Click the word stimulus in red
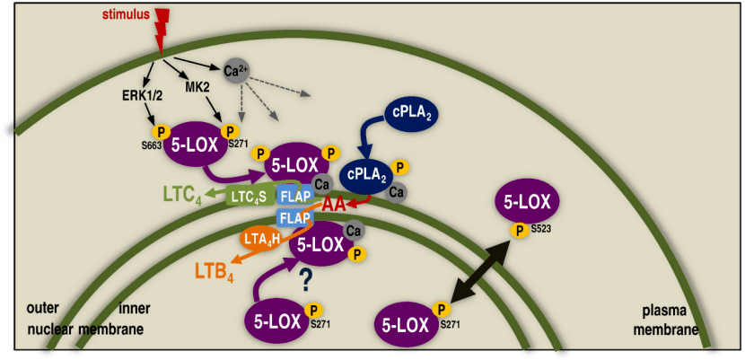[x=125, y=14]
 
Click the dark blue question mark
[x=305, y=281]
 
